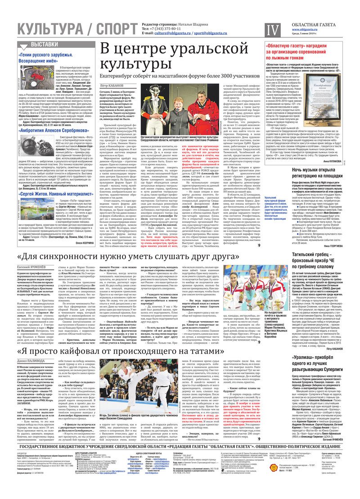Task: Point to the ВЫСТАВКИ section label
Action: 45,45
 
